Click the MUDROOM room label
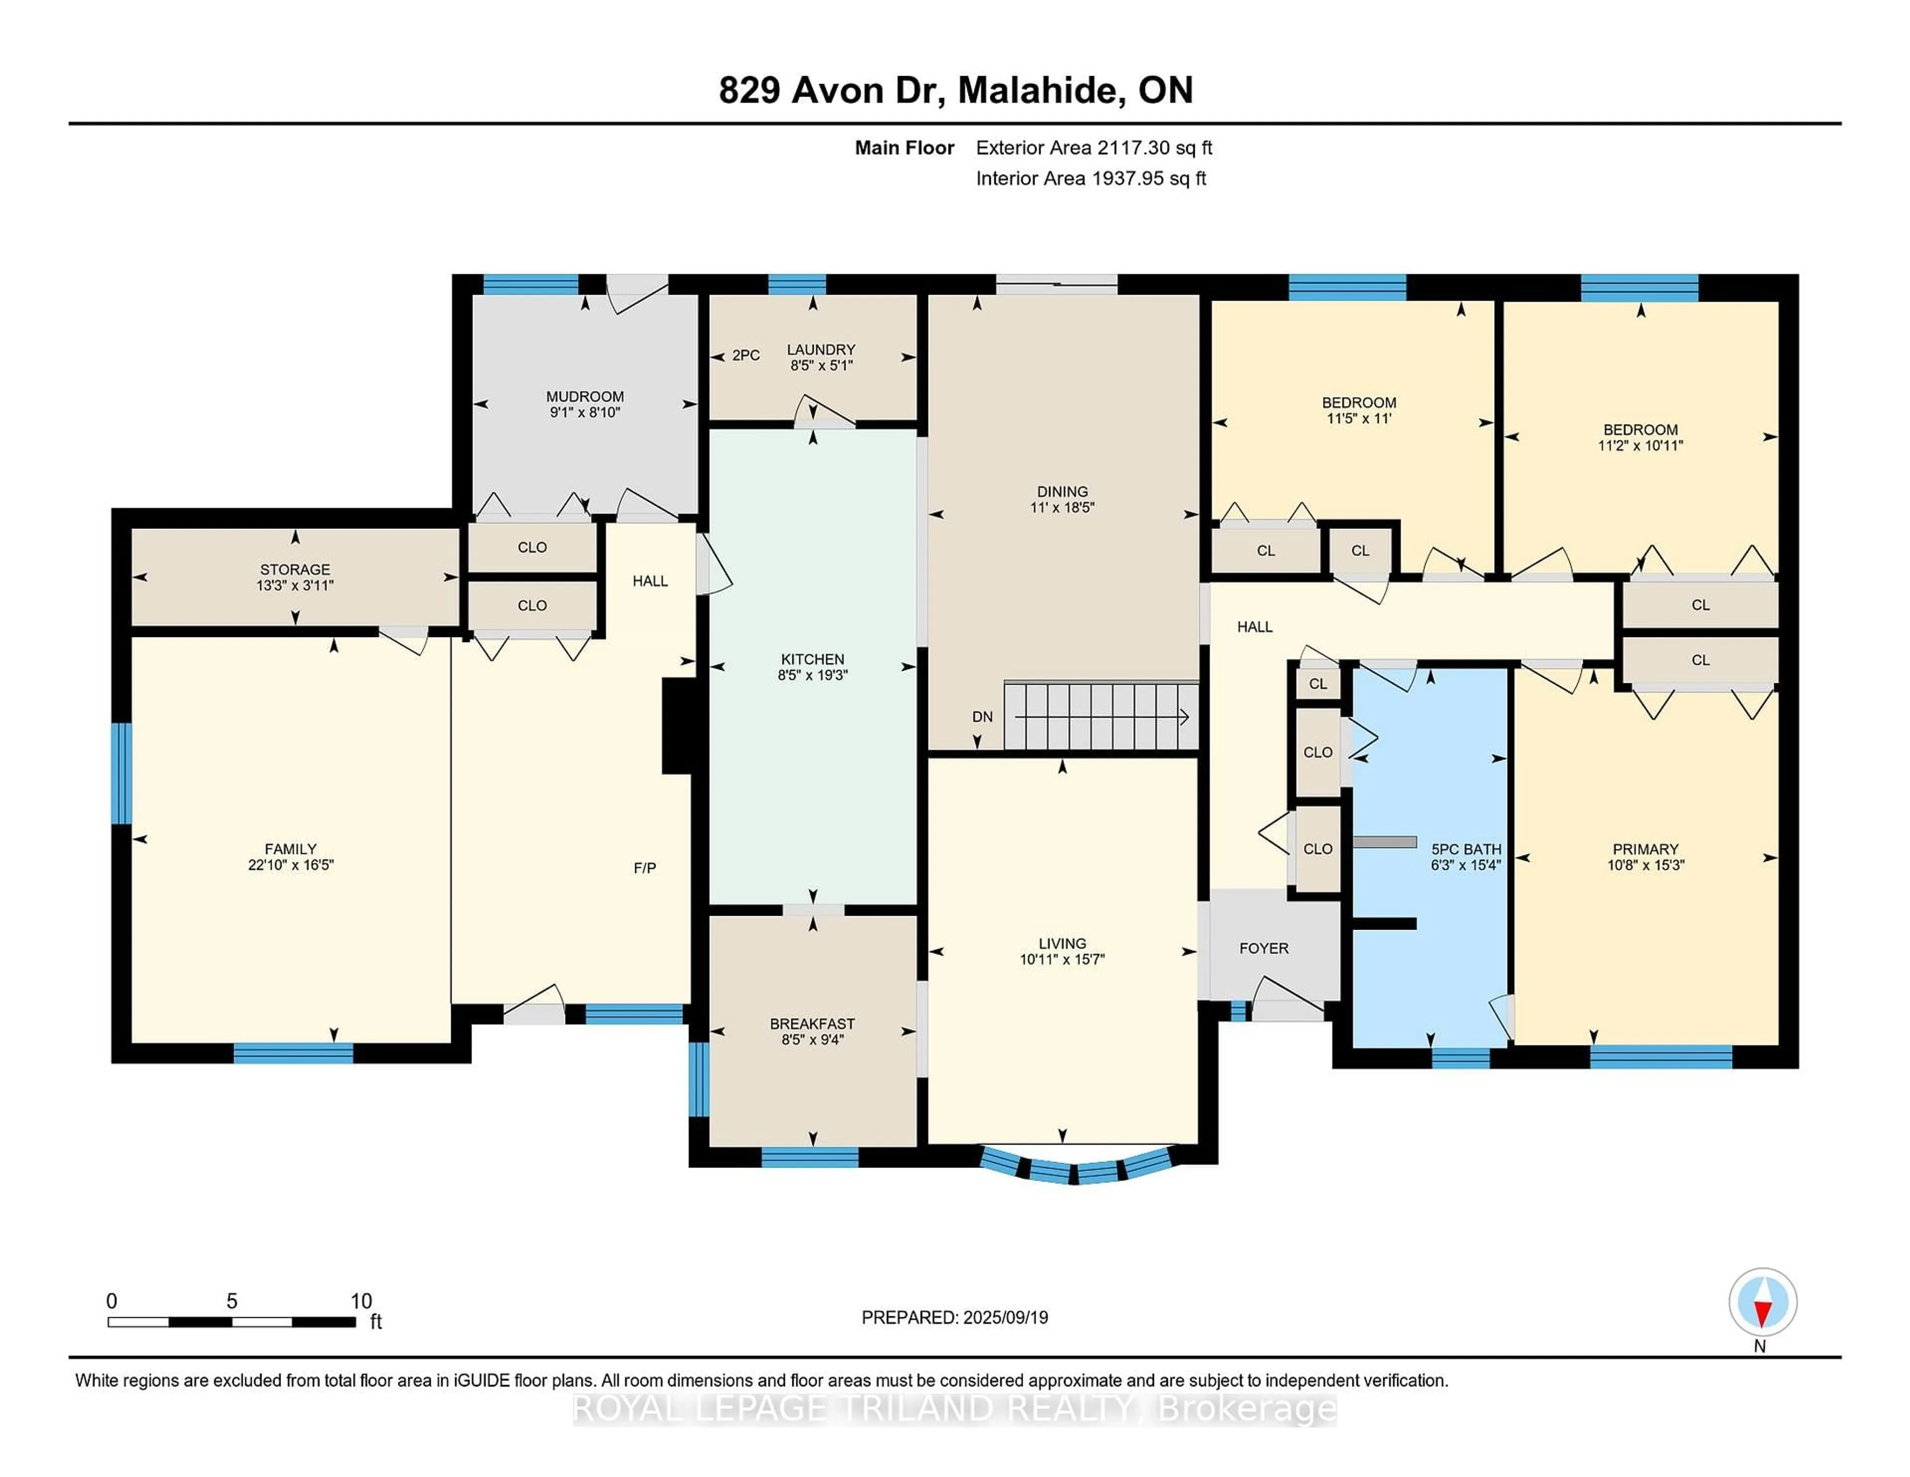coord(584,397)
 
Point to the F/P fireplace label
coord(645,868)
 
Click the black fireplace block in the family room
coord(676,726)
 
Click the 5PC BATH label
coord(1466,849)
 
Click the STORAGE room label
coord(295,570)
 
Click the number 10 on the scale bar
coord(361,1301)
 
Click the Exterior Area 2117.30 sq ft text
coord(1093,148)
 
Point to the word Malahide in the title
coord(1041,90)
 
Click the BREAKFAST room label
coord(812,1024)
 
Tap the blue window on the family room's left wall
coord(121,773)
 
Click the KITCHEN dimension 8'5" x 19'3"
coord(812,675)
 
